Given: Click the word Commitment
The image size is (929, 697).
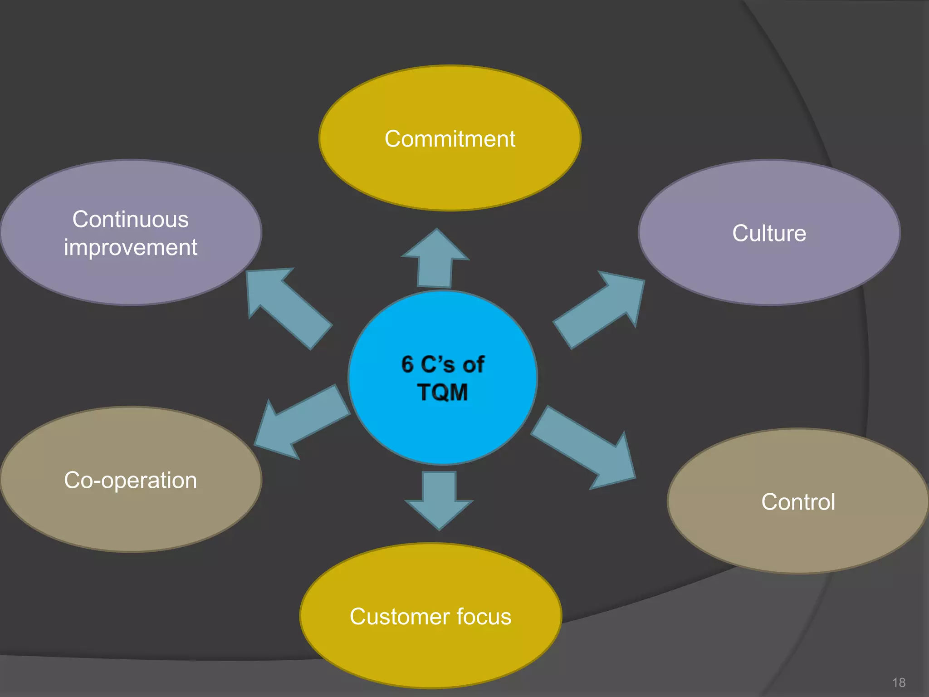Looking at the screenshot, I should click(450, 139).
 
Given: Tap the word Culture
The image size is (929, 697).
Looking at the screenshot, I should click(769, 233).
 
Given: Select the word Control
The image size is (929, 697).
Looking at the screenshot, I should click(798, 502).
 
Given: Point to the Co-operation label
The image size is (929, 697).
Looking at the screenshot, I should click(131, 480).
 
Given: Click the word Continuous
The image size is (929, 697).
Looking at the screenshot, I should click(131, 220).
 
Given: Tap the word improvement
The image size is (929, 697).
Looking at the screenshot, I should click(131, 248).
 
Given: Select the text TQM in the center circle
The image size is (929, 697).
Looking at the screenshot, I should click(442, 392).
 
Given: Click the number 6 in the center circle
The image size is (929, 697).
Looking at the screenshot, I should click(407, 364).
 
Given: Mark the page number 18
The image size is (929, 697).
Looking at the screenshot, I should click(899, 682).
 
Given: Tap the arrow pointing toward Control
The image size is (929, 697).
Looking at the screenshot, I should click(585, 447).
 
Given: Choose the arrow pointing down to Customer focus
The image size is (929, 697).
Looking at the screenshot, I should click(439, 499).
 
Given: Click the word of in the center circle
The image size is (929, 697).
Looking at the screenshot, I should click(473, 364).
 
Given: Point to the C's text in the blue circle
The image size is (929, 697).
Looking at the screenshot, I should click(437, 364).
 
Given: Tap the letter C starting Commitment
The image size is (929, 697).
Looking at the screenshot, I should click(392, 139).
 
